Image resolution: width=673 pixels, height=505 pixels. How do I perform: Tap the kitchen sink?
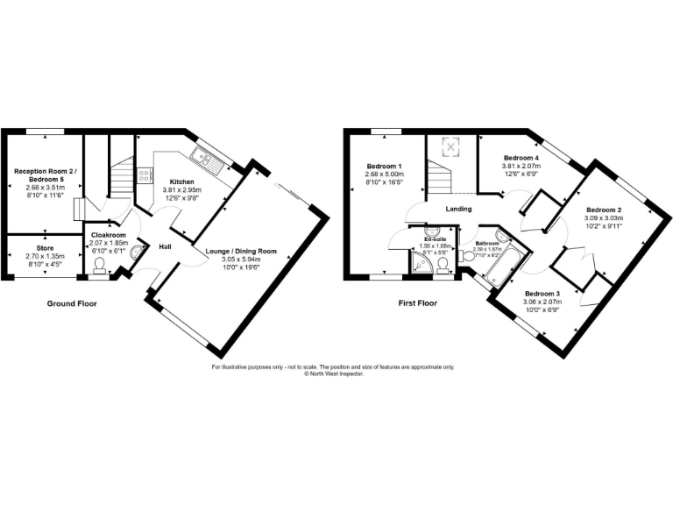coord(207,160)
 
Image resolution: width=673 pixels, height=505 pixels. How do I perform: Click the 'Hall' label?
coord(165,246)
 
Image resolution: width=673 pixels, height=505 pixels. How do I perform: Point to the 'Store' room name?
coord(45,247)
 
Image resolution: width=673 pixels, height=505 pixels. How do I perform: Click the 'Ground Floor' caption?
coord(72,303)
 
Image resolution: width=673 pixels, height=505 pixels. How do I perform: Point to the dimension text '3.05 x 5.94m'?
coord(241,260)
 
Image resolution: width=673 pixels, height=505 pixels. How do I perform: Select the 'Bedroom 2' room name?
coord(604,210)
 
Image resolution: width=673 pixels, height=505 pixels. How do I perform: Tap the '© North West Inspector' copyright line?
coord(333,373)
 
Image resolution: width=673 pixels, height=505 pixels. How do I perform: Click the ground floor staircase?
coord(121,175)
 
